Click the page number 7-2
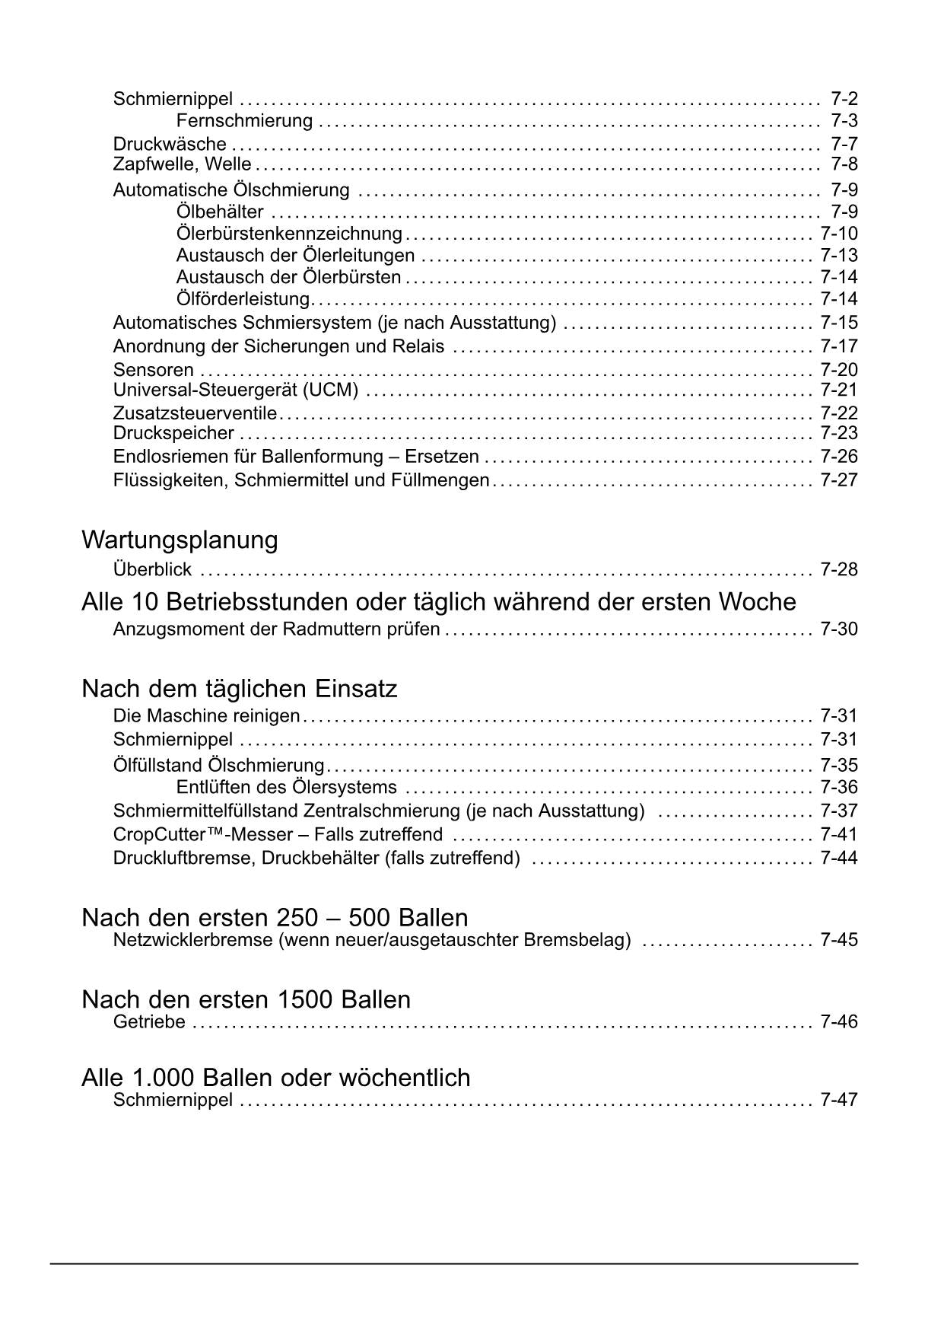(844, 98)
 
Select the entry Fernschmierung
(244, 120)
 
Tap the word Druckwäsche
(170, 144)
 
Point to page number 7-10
(838, 233)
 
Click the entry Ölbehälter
(220, 211)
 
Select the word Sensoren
(154, 370)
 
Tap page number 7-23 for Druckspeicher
(838, 433)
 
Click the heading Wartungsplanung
(180, 540)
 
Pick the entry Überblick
(152, 569)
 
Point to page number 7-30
(838, 629)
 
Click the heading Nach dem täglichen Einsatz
(239, 689)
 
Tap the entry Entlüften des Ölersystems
(286, 787)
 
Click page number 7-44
(838, 858)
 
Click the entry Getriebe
(149, 1021)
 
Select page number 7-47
(838, 1100)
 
